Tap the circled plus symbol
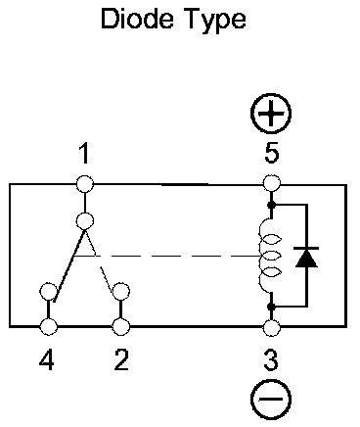pos(271,114)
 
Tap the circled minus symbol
pos(271,399)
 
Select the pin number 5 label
pos(272,153)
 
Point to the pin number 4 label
pos(47,360)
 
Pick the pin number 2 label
pos(121,359)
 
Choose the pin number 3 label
pos(271,360)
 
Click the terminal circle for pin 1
pos(85,184)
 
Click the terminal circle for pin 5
pos(271,183)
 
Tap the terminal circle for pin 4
pos(49,326)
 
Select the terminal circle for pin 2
pos(121,326)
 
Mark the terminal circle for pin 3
pos(271,327)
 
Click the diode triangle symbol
pos(306,258)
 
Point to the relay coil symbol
pos(268,256)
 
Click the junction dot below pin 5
pos(271,205)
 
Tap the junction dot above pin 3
pos(271,307)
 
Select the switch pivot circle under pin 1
pos(85,221)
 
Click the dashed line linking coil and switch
pos(166,256)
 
